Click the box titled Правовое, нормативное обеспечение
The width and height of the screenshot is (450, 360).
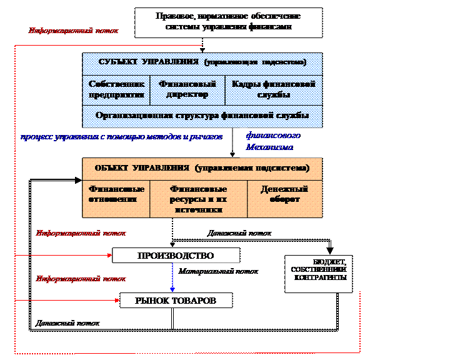coord(228,22)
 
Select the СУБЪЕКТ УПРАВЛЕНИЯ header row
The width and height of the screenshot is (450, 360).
coord(202,63)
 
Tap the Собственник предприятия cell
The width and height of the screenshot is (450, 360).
coord(117,89)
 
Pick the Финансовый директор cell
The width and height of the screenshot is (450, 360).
coord(187,89)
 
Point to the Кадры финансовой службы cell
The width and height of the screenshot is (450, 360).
coord(273,89)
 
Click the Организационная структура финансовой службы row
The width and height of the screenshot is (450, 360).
coord(202,116)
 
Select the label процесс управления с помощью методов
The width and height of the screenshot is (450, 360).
coord(121,136)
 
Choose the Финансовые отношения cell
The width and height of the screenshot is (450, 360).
coord(117,194)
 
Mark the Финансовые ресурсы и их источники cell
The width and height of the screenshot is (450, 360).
coord(198,199)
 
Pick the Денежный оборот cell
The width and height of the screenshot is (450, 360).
coord(284,194)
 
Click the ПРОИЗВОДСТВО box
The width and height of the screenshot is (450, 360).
coord(176,256)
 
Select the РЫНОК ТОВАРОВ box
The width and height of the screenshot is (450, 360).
coord(176,301)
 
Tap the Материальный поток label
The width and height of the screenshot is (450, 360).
coord(218,272)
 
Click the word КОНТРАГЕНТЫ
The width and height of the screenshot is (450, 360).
coord(319,277)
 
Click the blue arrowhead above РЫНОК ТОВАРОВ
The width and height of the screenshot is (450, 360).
coord(172,289)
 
